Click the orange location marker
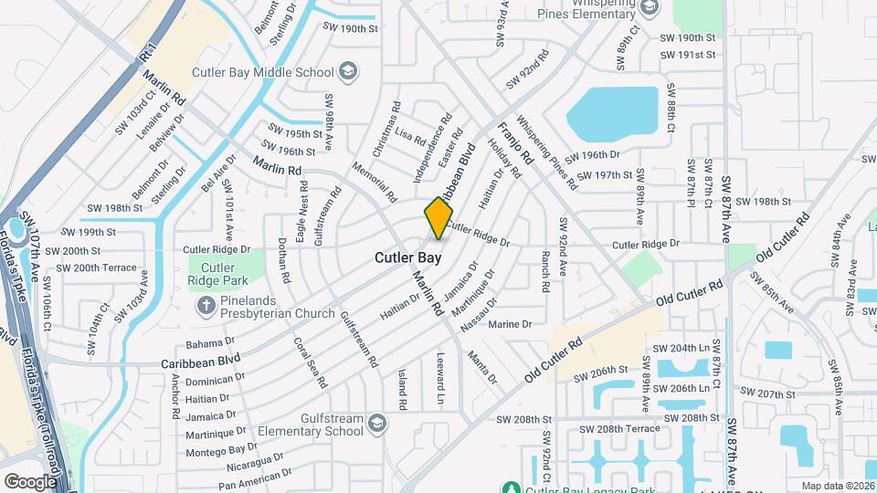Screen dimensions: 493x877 438,219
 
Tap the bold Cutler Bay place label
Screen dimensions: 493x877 408,258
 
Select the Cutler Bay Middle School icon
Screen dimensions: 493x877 347,70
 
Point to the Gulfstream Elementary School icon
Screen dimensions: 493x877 377,423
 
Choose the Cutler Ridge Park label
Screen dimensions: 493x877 218,274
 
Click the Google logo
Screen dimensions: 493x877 29,481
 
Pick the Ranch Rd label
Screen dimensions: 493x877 544,271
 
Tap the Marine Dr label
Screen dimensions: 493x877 510,324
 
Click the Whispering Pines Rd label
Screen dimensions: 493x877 546,152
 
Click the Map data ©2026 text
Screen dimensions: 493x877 837,486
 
